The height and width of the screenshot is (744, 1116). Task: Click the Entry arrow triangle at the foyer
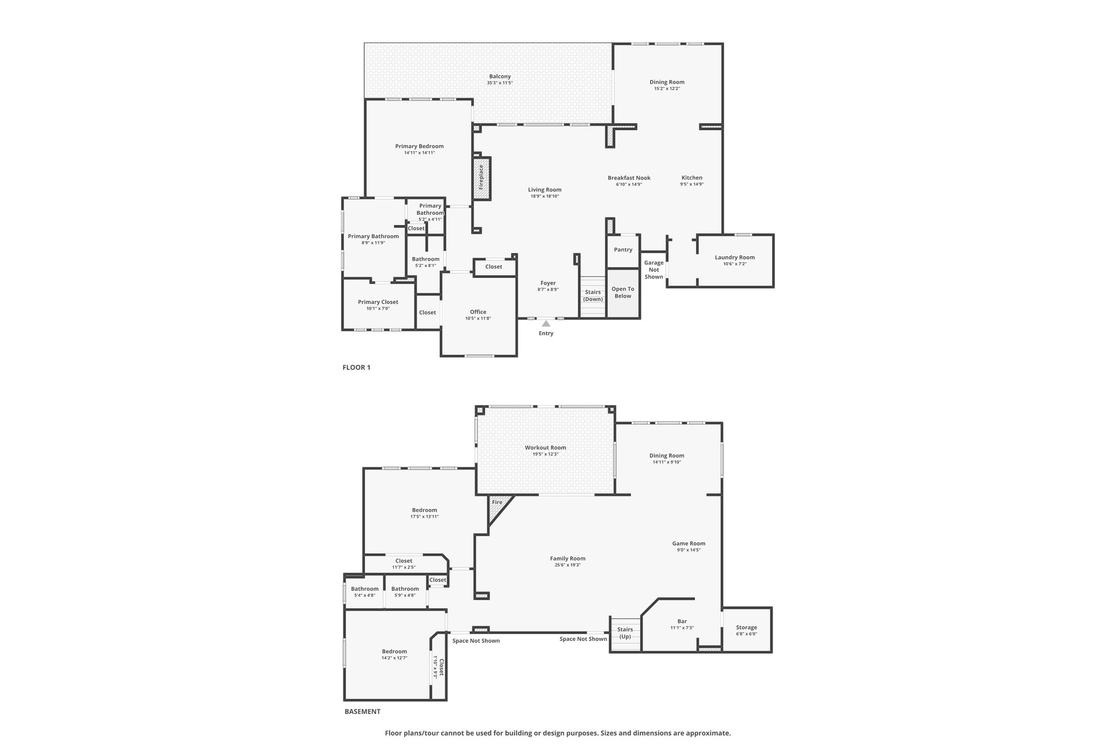coord(546,324)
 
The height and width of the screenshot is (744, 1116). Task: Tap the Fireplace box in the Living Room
coord(482,178)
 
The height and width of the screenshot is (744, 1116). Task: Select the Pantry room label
coord(623,250)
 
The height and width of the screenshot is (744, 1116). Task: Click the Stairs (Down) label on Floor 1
coord(593,295)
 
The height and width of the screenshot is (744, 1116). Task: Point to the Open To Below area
coord(623,293)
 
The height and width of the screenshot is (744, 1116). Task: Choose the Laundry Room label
coord(735,257)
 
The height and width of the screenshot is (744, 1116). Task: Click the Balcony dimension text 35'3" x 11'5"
coord(500,83)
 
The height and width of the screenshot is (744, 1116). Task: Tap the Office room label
coord(478,312)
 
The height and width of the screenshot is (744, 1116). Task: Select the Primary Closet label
coord(378,302)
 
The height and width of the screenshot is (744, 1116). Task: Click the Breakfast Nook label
coord(629,178)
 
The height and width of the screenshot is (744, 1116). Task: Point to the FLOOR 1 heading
coord(356,367)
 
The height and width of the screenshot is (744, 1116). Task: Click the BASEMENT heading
coord(362,711)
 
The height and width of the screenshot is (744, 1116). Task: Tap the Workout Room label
coord(545,447)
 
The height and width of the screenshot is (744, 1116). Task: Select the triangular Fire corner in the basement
coord(497,505)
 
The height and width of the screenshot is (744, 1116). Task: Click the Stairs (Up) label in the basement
coord(625,633)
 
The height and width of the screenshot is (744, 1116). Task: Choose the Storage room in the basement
coord(747,628)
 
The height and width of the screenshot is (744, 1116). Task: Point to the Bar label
coord(682,621)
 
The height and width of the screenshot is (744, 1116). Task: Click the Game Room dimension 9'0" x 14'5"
coord(689,550)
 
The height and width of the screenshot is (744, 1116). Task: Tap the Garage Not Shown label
coord(654,270)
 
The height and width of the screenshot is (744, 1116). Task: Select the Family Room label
coord(567,558)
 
